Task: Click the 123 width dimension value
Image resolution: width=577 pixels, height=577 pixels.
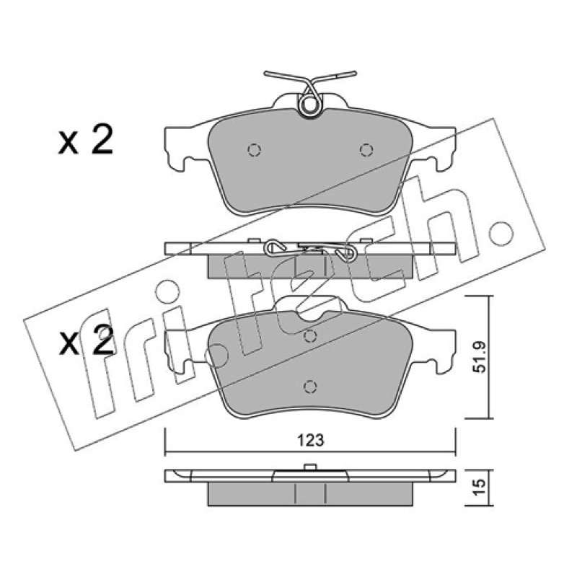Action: (311, 441)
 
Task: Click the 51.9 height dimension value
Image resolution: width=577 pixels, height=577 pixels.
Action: (480, 357)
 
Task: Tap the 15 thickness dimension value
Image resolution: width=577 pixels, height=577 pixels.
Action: (480, 488)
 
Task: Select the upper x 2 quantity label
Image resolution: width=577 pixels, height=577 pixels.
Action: (85, 141)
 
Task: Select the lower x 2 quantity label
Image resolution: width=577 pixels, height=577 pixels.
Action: (86, 341)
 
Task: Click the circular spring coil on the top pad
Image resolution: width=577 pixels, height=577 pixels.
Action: (309, 105)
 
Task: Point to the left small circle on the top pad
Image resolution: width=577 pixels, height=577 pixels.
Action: (255, 150)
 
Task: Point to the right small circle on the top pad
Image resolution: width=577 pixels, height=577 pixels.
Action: (366, 150)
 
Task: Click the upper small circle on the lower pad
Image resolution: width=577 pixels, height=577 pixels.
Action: (310, 336)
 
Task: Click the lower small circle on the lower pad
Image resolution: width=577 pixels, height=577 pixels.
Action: (310, 387)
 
